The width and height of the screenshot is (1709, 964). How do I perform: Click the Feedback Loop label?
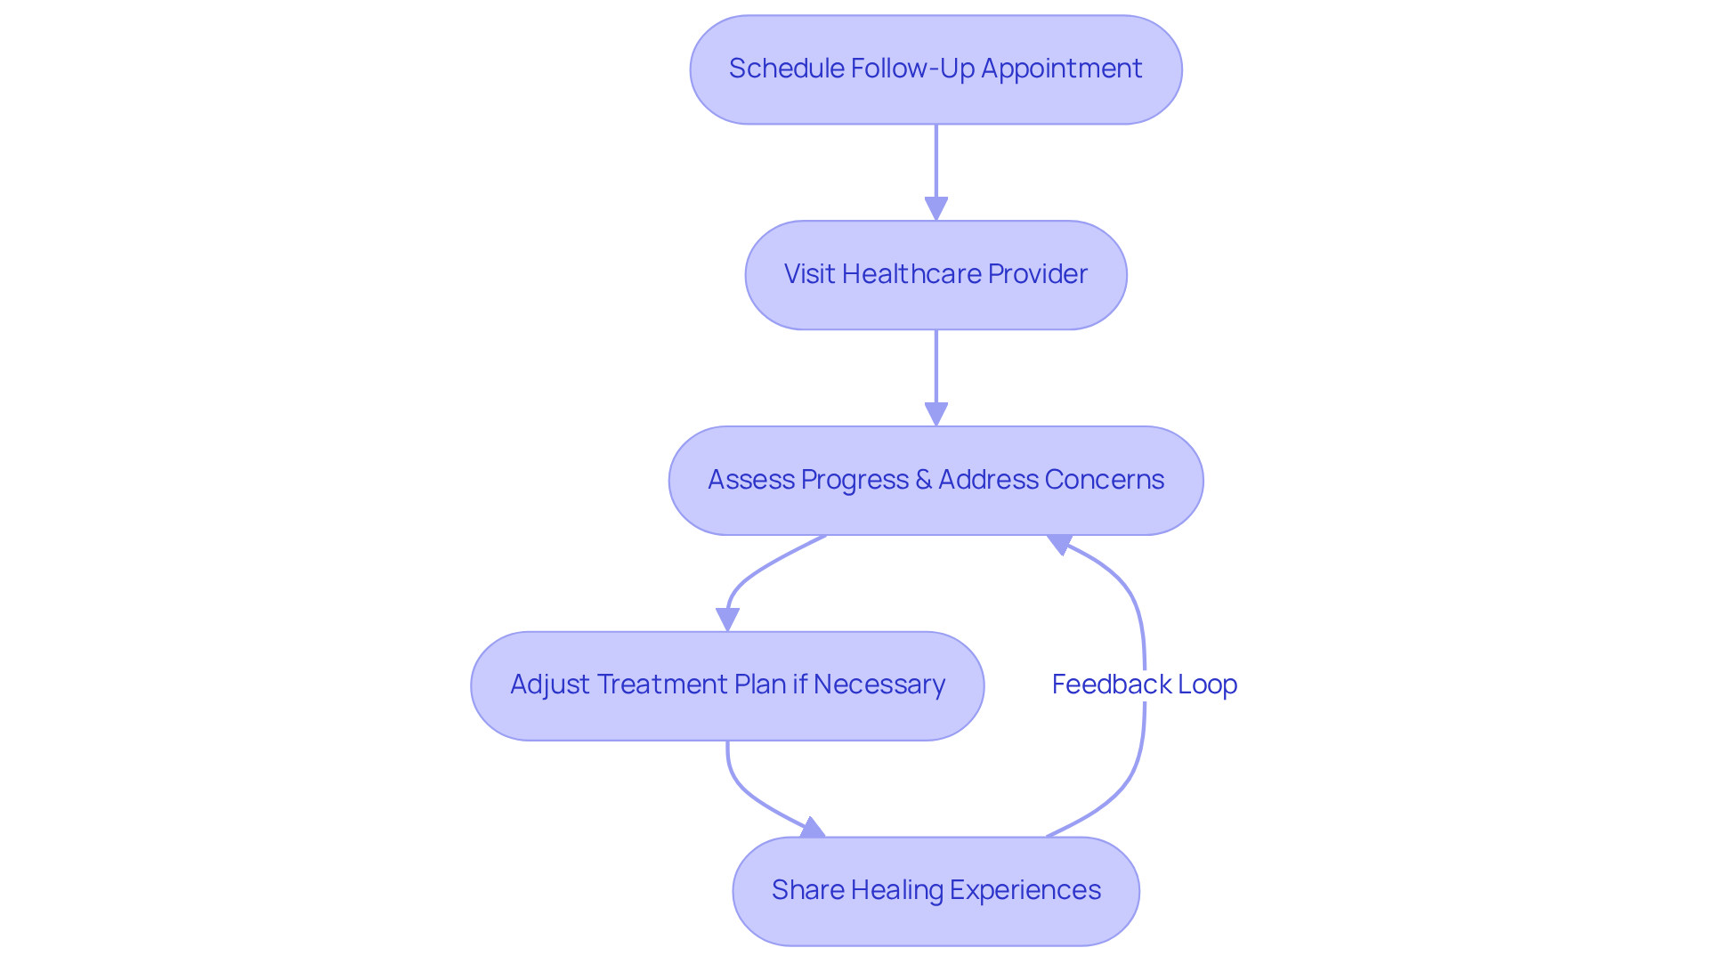pyautogui.click(x=1144, y=685)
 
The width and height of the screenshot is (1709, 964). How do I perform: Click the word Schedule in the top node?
pyautogui.click(x=787, y=69)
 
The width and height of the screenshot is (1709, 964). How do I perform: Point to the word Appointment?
pyautogui.click(x=1061, y=69)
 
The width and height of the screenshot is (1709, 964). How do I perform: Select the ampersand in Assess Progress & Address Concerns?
pyautogui.click(x=923, y=480)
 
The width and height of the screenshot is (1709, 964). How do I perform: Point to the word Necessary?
pyautogui.click(x=879, y=685)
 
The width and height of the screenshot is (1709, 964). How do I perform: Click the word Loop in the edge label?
pyautogui.click(x=1207, y=685)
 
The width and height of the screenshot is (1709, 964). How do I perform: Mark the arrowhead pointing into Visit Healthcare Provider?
pyautogui.click(x=935, y=209)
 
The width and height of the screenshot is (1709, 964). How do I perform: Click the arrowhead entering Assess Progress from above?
pyautogui.click(x=935, y=415)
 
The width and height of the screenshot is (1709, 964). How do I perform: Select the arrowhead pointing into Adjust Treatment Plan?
pyautogui.click(x=727, y=620)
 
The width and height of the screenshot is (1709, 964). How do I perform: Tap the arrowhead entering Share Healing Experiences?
pyautogui.click(x=812, y=829)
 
